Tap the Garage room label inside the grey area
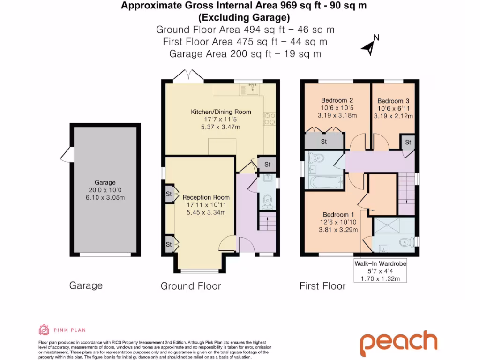(x=105, y=182)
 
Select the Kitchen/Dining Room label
(x=220, y=112)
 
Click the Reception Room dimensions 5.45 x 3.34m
(x=206, y=212)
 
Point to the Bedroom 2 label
(x=337, y=100)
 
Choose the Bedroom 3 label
(x=393, y=101)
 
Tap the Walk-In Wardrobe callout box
(x=380, y=271)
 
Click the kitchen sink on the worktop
(x=254, y=88)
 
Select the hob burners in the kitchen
(x=270, y=120)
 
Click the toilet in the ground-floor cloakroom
(x=268, y=200)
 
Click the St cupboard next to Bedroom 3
(x=408, y=142)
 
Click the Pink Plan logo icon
(x=44, y=330)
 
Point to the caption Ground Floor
(x=190, y=286)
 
